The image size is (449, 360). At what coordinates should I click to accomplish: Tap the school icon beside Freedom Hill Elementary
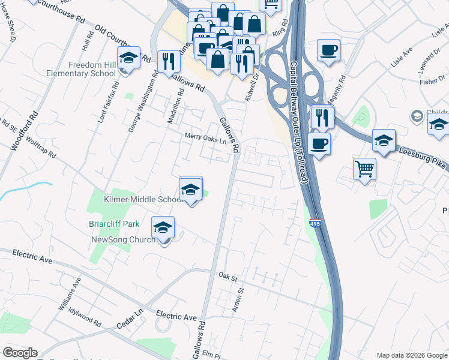[128, 59]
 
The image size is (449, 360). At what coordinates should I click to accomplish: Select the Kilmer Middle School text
[143, 199]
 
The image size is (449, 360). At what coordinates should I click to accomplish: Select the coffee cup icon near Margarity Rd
[328, 50]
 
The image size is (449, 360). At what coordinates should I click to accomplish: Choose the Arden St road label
[238, 299]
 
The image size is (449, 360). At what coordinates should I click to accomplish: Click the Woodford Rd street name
[25, 130]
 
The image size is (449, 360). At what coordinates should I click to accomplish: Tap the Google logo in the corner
[20, 353]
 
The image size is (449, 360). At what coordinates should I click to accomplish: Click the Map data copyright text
[411, 355]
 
